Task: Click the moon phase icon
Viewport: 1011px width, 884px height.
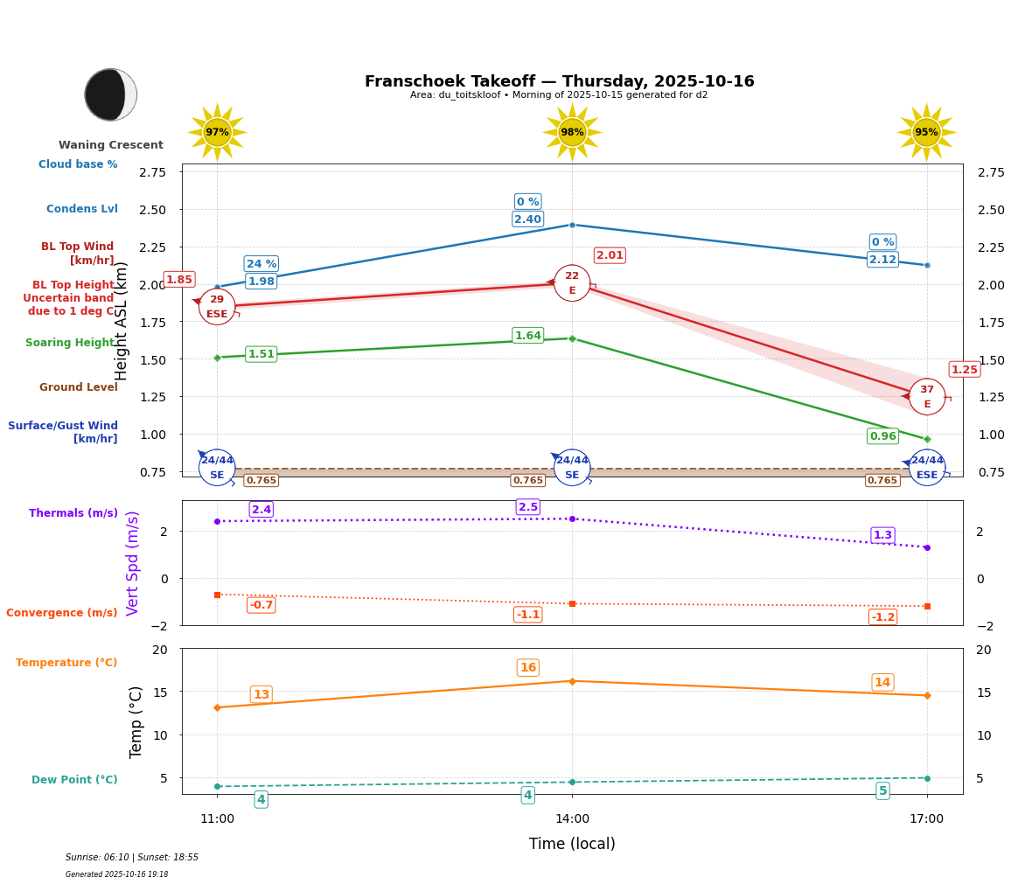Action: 110,94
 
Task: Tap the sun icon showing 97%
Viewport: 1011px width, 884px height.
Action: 217,132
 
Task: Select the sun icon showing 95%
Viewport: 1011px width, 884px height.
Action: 926,132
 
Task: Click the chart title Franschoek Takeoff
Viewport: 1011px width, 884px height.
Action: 559,81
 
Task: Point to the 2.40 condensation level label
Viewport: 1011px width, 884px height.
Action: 527,219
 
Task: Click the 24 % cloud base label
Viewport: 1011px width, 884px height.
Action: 261,264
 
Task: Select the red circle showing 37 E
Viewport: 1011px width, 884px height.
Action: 927,397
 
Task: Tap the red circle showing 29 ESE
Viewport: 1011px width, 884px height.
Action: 217,307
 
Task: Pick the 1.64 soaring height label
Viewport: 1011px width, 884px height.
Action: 527,336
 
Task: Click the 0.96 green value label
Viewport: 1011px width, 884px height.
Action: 882,436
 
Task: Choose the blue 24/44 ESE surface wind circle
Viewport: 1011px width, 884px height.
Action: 927,468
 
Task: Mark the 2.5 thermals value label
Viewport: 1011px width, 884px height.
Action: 528,507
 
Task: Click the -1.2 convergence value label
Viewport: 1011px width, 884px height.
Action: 882,617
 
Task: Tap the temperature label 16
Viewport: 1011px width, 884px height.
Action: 528,668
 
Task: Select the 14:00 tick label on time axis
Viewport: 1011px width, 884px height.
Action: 572,819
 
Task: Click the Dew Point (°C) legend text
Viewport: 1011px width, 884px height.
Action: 74,780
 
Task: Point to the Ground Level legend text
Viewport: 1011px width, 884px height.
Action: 78,387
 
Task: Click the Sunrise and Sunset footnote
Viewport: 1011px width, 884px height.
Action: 132,858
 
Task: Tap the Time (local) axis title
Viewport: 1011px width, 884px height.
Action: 572,844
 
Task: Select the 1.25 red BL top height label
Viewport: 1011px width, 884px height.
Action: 964,370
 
